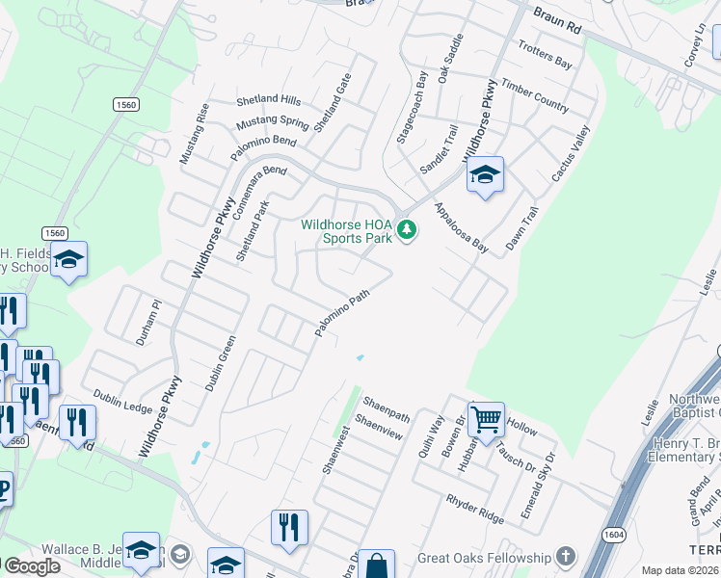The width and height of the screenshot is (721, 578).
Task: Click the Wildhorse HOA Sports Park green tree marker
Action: pyautogui.click(x=408, y=229)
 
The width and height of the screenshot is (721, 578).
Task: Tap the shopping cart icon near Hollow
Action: pyautogui.click(x=487, y=418)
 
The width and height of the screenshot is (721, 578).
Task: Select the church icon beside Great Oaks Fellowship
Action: pyautogui.click(x=565, y=557)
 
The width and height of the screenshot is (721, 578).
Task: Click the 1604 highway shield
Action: pyautogui.click(x=613, y=533)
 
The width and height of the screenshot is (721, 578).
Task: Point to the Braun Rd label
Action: pyautogui.click(x=559, y=18)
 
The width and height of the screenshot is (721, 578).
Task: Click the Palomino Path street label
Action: pyautogui.click(x=341, y=315)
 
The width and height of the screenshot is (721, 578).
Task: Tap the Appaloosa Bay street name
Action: pyautogui.click(x=461, y=228)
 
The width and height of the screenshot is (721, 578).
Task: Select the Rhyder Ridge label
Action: pyautogui.click(x=474, y=510)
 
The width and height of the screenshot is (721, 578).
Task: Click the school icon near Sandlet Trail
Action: pyautogui.click(x=485, y=175)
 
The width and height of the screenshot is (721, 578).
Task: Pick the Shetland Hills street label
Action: pyautogui.click(x=269, y=99)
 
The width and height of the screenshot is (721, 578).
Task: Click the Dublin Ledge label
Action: pyautogui.click(x=122, y=402)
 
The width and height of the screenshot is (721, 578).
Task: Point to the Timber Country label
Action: pyautogui.click(x=535, y=95)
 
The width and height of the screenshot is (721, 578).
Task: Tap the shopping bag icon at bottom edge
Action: pyautogui.click(x=377, y=565)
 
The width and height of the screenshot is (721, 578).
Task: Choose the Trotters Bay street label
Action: pyautogui.click(x=545, y=54)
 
